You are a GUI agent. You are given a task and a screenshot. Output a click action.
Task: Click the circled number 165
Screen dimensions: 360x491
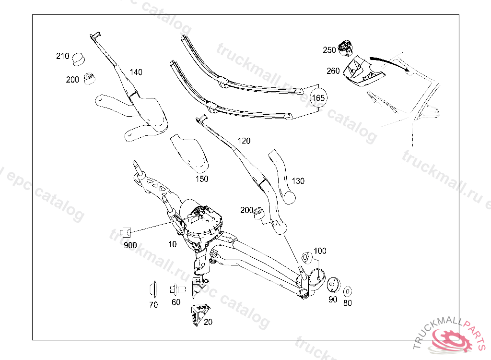(x=319, y=98)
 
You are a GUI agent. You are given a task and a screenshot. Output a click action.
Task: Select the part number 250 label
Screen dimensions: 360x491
(x=329, y=50)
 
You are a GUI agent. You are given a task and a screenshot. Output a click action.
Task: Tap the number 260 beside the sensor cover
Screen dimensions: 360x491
(x=333, y=71)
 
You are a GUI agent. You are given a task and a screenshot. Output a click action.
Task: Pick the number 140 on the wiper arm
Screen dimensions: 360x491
(x=136, y=72)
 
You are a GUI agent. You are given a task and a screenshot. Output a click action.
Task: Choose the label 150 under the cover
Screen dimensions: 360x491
(x=202, y=179)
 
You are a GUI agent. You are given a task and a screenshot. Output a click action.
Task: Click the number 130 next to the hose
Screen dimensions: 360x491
(x=298, y=181)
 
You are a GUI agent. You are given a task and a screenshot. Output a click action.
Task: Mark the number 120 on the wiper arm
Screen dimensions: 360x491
(x=244, y=141)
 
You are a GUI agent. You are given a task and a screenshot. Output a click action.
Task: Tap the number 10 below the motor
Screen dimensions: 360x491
(x=172, y=244)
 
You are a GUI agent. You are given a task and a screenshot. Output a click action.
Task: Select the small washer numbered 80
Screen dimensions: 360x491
(x=348, y=291)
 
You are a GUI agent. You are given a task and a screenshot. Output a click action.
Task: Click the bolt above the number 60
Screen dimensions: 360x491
(x=176, y=289)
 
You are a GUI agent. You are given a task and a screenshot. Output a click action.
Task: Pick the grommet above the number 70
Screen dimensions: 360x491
(x=153, y=290)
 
